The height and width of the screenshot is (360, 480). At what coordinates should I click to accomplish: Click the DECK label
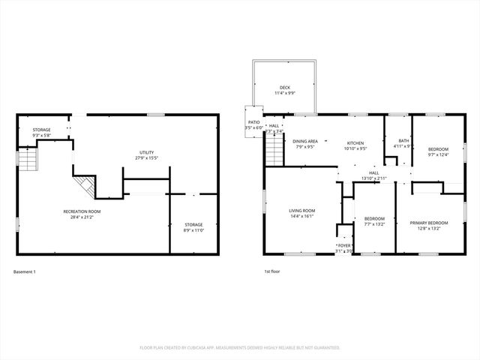284,87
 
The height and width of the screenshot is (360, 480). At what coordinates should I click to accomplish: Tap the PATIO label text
254,122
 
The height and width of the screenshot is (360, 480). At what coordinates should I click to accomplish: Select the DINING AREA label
305,141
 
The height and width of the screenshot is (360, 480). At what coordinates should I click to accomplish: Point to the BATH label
403,141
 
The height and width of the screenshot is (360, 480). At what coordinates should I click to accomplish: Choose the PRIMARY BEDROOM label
429,223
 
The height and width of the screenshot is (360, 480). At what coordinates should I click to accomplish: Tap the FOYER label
344,245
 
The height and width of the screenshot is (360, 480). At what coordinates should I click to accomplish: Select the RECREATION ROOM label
82,211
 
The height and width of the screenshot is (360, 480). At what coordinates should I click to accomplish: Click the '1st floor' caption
272,271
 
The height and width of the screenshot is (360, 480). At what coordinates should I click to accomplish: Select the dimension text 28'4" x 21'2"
82,217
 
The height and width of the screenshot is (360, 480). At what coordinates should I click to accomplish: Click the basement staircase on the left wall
28,160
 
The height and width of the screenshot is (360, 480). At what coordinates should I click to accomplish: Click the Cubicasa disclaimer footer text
240,347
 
